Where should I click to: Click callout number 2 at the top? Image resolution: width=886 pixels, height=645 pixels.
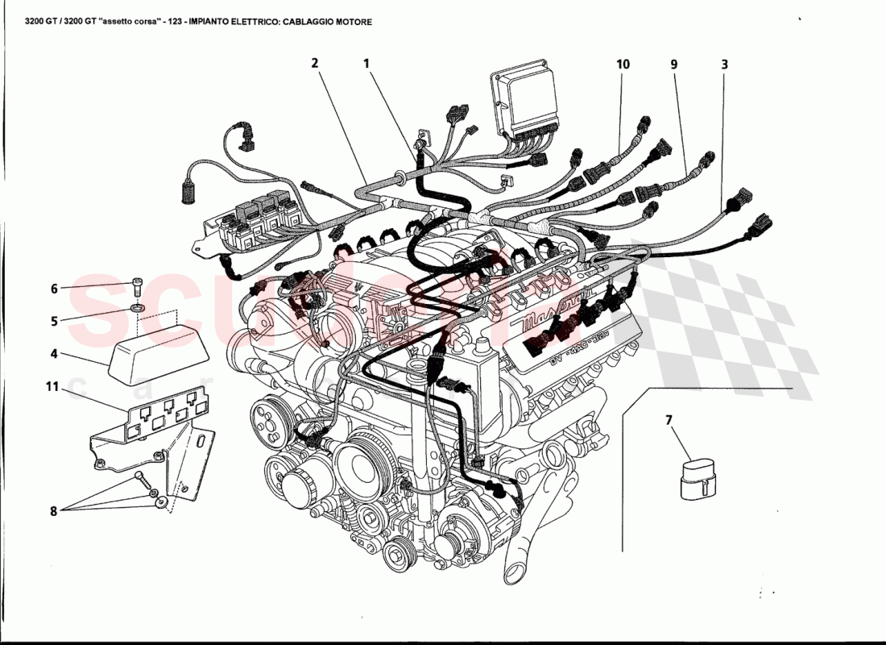(x=315, y=63)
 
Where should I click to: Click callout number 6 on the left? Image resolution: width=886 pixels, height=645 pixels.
(x=55, y=288)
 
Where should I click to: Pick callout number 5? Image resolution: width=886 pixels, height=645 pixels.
(x=55, y=320)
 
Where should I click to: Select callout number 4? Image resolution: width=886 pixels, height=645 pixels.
(x=55, y=352)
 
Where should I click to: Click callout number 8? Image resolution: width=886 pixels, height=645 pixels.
(x=55, y=510)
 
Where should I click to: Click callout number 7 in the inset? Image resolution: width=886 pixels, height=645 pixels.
(x=669, y=420)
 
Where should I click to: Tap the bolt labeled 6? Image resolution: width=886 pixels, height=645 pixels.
(x=137, y=284)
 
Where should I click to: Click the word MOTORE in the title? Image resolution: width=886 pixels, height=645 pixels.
(x=352, y=23)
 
